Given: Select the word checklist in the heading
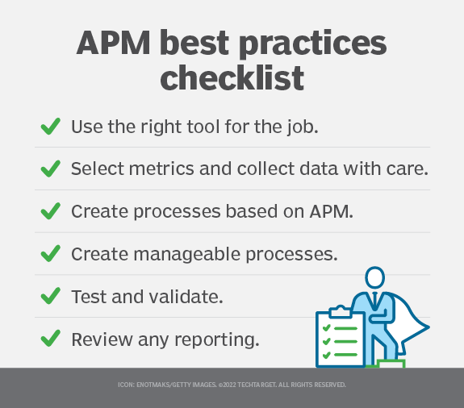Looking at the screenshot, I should [x=232, y=79].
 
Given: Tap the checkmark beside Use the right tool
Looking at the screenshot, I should [x=49, y=127].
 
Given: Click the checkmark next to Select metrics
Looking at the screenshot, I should [x=49, y=169].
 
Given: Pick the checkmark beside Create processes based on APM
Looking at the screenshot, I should [x=49, y=211].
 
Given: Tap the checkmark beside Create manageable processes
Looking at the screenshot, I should [x=49, y=254].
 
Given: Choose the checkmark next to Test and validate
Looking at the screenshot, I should [x=49, y=296].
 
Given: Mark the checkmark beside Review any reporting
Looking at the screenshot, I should [x=49, y=339].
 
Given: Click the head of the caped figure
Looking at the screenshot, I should [x=374, y=279].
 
